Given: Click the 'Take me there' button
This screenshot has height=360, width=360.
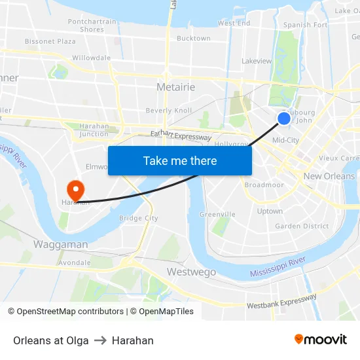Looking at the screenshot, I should point(180,160).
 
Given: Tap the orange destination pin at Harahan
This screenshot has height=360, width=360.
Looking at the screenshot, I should point(76,190).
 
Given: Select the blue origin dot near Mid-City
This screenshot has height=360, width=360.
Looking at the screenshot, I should point(283,118).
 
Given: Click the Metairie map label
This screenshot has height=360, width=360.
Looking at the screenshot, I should point(175,87).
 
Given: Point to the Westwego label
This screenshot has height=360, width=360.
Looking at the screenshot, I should point(187,271).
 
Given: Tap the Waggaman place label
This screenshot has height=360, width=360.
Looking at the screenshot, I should point(60,244).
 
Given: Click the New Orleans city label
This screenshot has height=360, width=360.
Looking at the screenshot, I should point(329,176).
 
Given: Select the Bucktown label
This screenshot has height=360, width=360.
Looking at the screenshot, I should point(194,39).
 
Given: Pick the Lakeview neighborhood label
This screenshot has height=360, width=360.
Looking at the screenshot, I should point(257,61).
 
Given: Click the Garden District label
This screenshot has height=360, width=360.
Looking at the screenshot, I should point(302,226).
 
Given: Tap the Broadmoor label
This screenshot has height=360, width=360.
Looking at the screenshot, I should point(264,185).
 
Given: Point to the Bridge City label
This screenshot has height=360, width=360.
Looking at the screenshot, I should point(139,218).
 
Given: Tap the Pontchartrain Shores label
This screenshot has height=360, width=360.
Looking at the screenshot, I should point(92,26).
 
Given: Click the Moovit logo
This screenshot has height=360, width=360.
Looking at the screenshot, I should point(320,339).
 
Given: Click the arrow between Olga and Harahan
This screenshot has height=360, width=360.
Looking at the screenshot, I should point(100,340).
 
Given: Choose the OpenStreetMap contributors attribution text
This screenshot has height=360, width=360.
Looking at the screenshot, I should point(65,312).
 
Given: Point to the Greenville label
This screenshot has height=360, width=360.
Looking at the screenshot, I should point(217,214).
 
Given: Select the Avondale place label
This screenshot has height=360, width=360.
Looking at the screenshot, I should point(75,263).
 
